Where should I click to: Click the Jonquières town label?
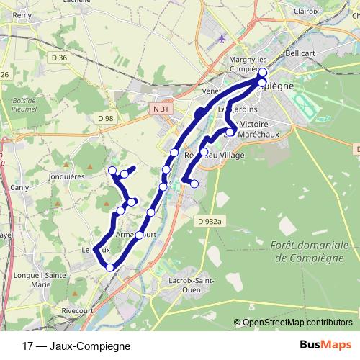48,175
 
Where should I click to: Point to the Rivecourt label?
78,310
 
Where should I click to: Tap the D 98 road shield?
105,117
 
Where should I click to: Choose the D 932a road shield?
210,222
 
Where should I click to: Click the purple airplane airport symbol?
220,38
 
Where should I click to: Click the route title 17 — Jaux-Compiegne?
71,345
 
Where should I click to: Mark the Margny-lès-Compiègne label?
234,64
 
